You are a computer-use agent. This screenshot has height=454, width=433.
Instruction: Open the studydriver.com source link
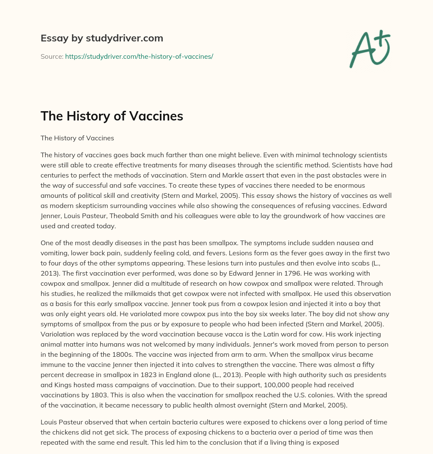pyautogui.click(x=139, y=56)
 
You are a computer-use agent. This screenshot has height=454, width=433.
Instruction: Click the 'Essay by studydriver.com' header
pyautogui.click(x=101, y=38)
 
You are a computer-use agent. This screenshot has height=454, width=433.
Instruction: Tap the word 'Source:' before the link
pyautogui.click(x=52, y=56)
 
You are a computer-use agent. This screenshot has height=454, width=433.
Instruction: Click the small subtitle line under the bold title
pyautogui.click(x=77, y=138)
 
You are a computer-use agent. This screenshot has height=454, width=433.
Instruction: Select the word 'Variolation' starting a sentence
pyautogui.click(x=58, y=334)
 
